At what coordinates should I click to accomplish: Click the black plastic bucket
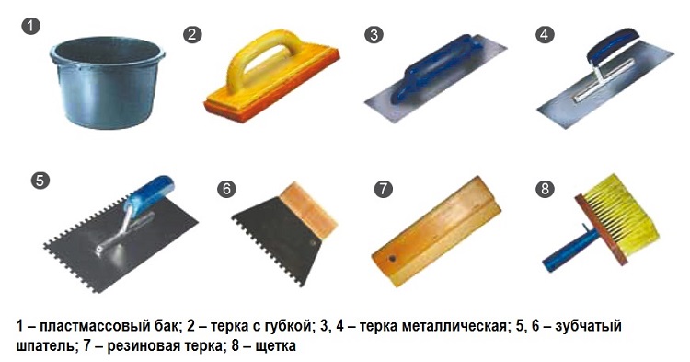108,81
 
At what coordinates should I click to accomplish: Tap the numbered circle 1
30,26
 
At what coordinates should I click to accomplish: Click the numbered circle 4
545,35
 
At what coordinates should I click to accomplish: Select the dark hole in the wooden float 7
391,258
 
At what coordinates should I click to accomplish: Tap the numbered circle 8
545,189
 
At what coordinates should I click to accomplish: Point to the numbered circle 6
226,189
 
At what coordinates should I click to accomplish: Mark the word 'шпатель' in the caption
45,346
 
